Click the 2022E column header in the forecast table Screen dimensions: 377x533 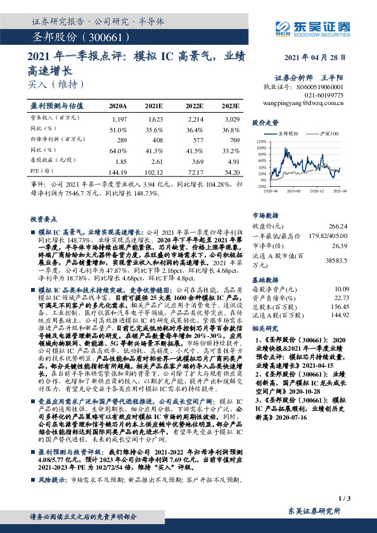[x=195, y=106]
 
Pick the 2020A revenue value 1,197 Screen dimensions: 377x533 [x=118, y=119]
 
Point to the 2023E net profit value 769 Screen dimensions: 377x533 [x=234, y=139]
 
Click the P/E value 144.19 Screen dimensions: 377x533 [x=118, y=172]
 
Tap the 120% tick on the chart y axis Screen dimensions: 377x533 [x=259, y=141]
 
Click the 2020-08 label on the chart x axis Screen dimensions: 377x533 [x=293, y=189]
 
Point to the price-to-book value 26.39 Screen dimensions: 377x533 [x=340, y=244]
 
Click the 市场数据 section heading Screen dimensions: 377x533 [x=267, y=215]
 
